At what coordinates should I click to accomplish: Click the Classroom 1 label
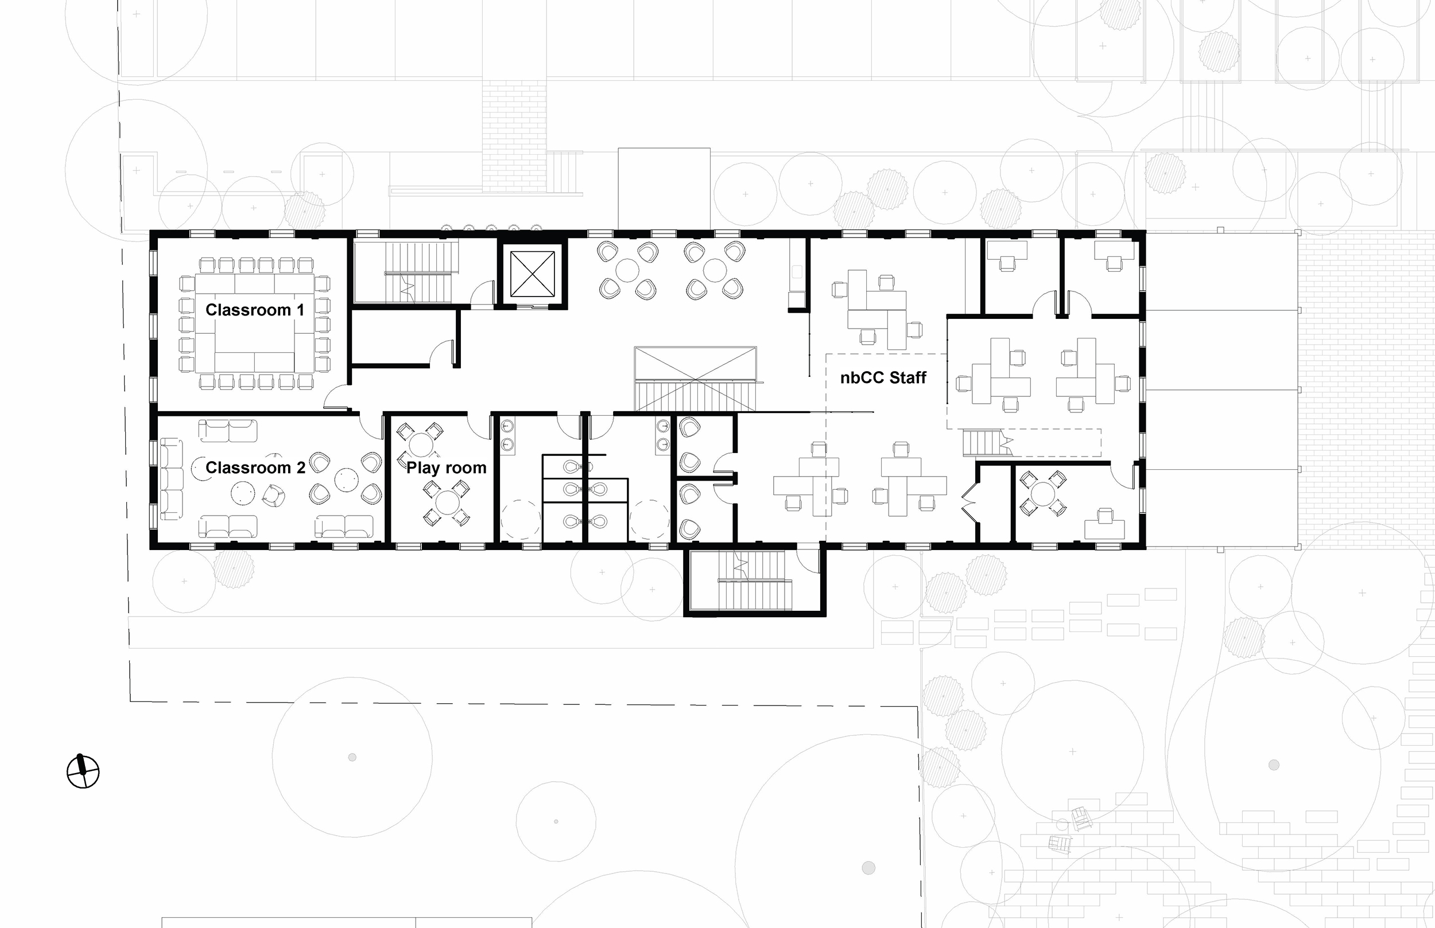(254, 310)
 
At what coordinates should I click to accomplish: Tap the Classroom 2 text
(255, 467)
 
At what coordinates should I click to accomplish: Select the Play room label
(446, 467)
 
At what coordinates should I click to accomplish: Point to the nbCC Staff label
(883, 378)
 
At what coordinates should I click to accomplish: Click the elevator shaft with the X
(532, 274)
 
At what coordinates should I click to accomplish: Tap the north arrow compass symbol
(83, 771)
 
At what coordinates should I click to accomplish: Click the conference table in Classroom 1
(254, 323)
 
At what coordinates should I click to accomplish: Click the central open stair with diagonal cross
(695, 379)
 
